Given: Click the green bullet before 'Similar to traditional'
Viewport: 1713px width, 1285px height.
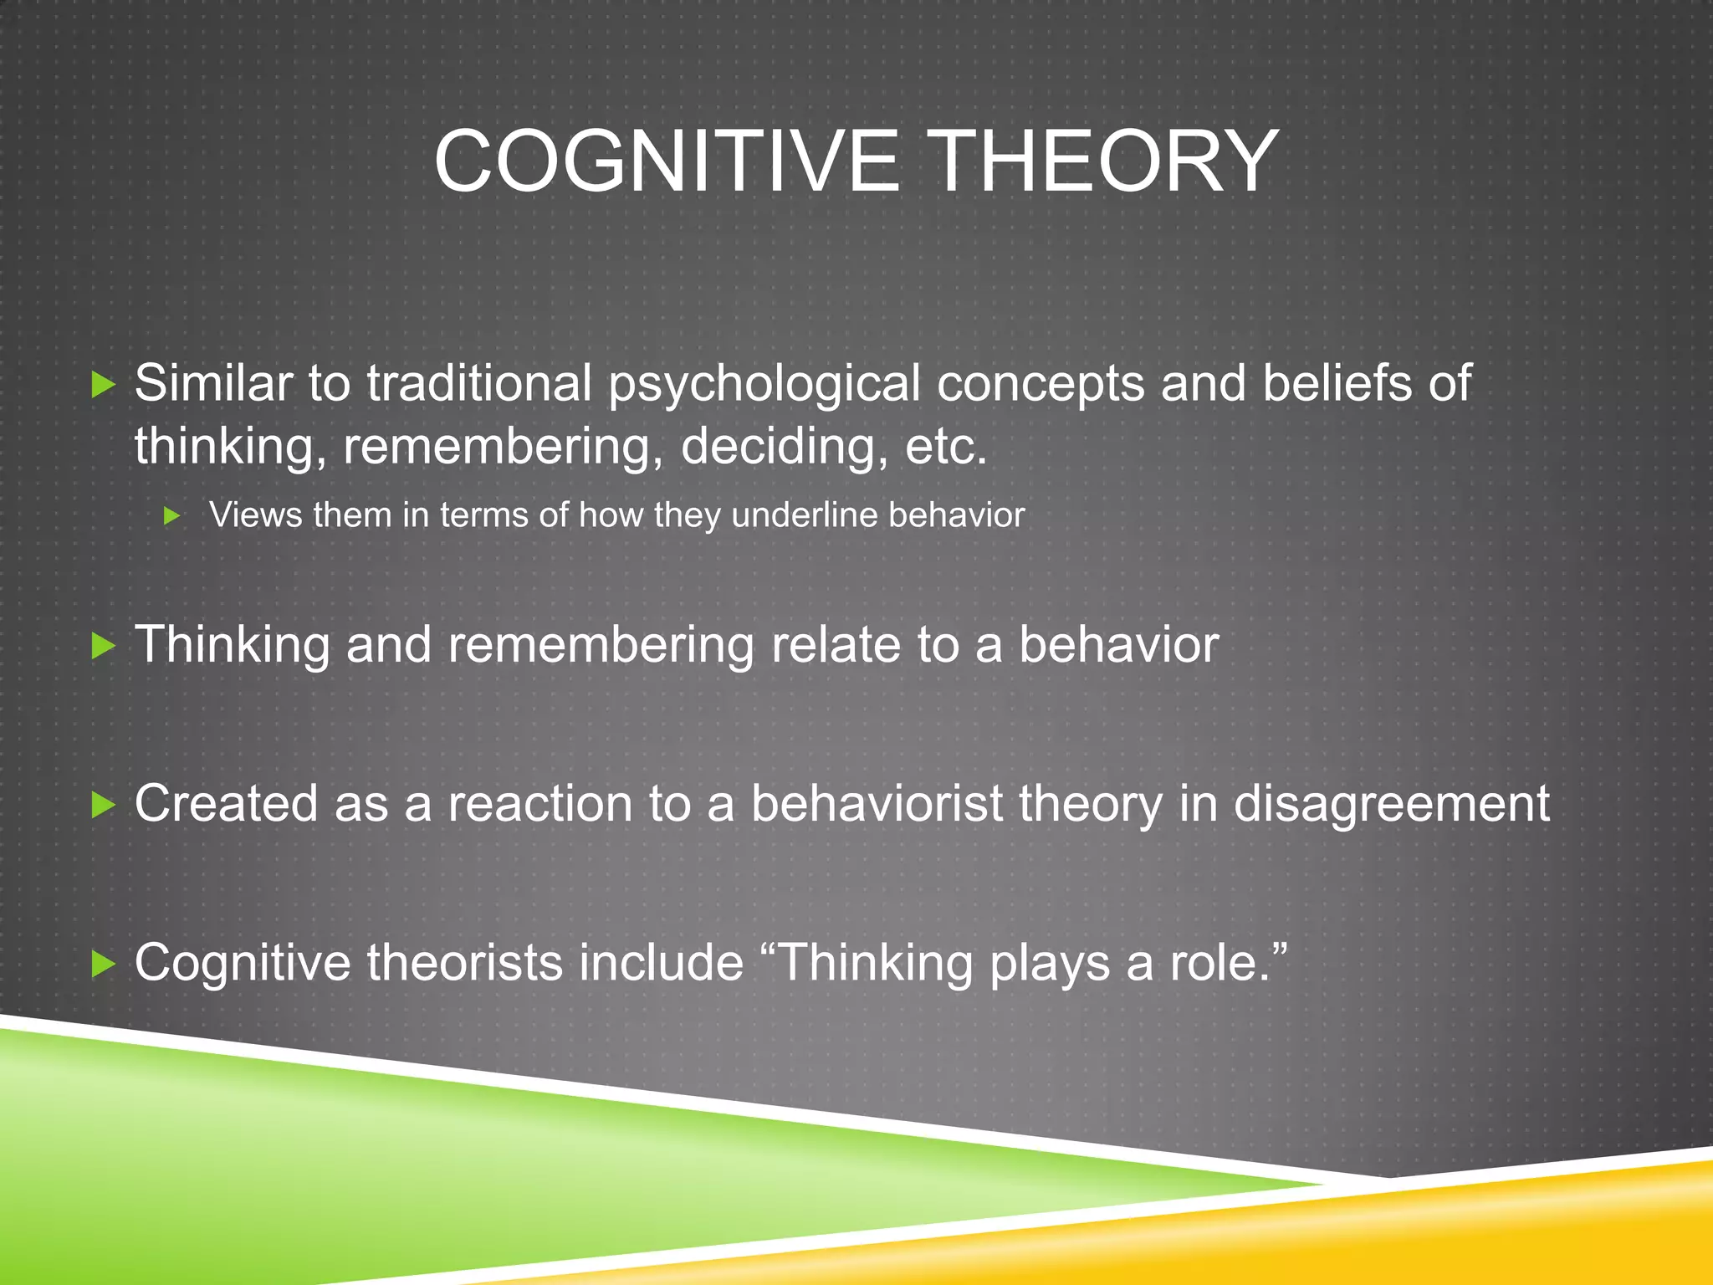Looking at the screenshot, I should (103, 386).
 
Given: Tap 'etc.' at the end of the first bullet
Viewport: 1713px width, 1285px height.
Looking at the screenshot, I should (946, 446).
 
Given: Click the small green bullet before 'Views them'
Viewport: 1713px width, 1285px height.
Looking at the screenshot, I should (172, 516).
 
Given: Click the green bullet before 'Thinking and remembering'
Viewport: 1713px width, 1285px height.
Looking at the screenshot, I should (103, 646).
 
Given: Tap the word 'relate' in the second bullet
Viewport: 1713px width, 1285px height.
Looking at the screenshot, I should (835, 645).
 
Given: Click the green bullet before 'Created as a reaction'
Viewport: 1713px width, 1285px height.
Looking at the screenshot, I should (103, 805).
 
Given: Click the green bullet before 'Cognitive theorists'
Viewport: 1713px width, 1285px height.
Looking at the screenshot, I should (103, 964).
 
